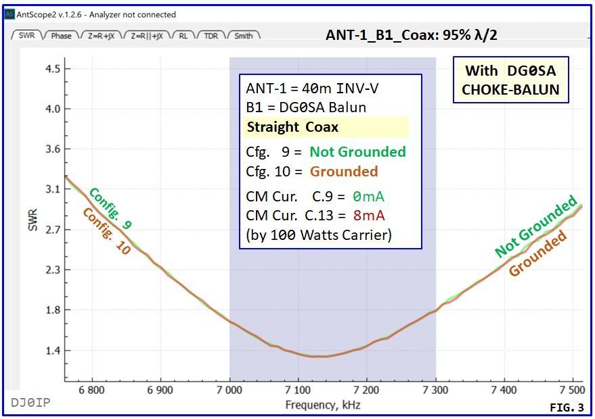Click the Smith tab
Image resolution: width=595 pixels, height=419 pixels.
pyautogui.click(x=244, y=36)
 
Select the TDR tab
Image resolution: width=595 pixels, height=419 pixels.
pyautogui.click(x=211, y=36)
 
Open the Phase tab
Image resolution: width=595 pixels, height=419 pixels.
pyautogui.click(x=61, y=36)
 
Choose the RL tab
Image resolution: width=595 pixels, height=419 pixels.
pyautogui.click(x=183, y=36)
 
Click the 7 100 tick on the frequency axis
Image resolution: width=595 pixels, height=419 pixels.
pyautogui.click(x=298, y=391)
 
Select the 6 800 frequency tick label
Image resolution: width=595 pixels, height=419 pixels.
pyautogui.click(x=91, y=391)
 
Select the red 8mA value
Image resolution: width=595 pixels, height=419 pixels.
pyautogui.click(x=370, y=216)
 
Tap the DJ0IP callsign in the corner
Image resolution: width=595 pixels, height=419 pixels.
pyautogui.click(x=30, y=403)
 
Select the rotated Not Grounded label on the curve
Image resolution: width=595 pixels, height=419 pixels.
pyautogui.click(x=535, y=226)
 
